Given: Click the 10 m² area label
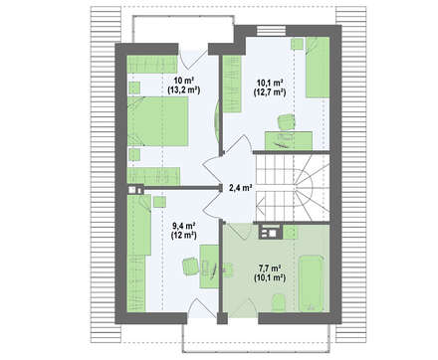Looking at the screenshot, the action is [x=184, y=81].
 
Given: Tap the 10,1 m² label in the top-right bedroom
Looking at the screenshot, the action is [x=270, y=83].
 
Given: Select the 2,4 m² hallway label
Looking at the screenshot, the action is [x=240, y=188].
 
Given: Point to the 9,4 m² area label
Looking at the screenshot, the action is [x=183, y=226].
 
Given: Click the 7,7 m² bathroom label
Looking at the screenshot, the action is [x=270, y=268].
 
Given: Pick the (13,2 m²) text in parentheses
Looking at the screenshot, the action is [x=184, y=90].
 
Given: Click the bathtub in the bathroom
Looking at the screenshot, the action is [x=311, y=283].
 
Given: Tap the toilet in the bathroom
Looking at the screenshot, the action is [x=279, y=302].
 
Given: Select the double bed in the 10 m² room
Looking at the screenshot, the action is [x=158, y=121].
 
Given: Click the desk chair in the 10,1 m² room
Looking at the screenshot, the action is [x=286, y=121].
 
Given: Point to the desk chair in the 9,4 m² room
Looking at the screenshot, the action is [x=190, y=266].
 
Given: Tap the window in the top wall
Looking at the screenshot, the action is [x=272, y=30].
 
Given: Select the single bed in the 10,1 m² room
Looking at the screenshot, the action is [x=318, y=68].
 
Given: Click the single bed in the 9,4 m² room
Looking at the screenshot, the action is [x=139, y=225].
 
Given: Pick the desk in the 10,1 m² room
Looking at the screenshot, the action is [x=289, y=140].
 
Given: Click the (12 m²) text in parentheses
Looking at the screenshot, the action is [x=183, y=236].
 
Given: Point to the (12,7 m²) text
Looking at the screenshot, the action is [x=270, y=91].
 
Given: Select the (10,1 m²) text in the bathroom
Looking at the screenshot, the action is [x=270, y=277].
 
